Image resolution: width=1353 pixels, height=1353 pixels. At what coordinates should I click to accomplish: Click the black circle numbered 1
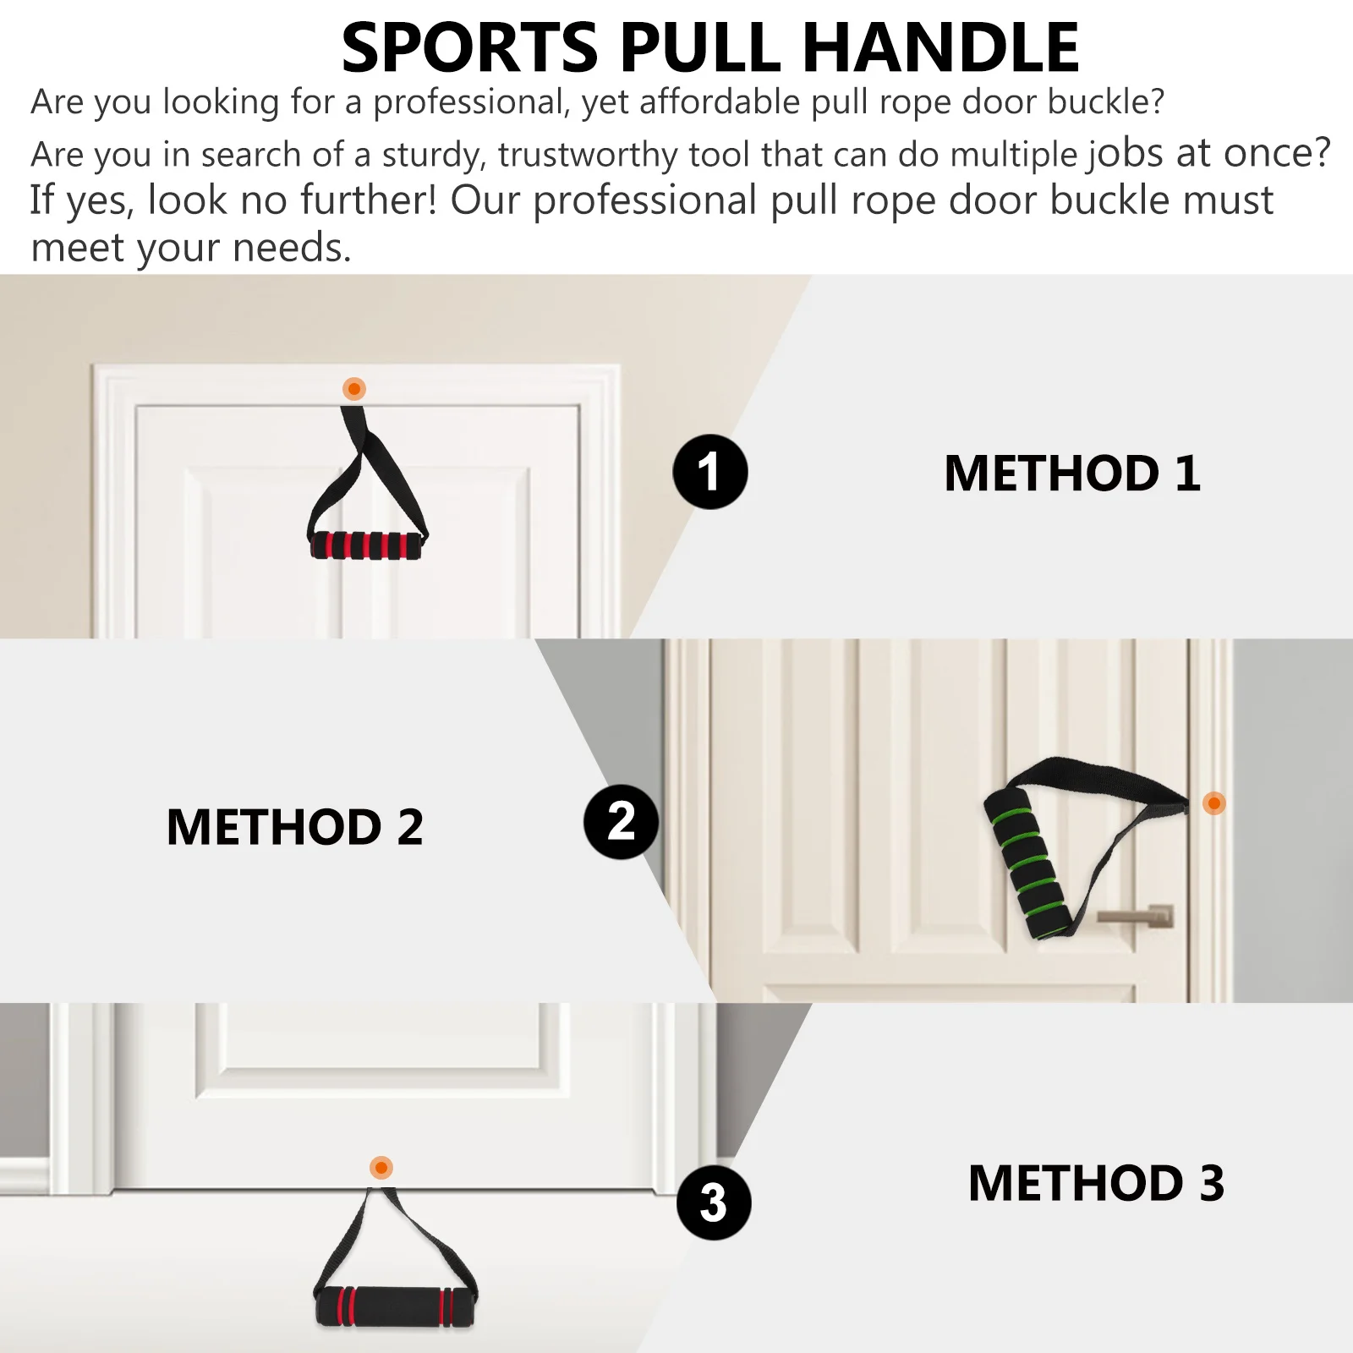pos(709,472)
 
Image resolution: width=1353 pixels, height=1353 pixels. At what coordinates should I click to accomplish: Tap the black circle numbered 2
pos(621,822)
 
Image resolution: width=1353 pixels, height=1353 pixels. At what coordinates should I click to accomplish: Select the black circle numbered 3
pos(714,1202)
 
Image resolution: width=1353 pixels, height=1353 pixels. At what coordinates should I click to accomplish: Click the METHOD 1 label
pos(1071,474)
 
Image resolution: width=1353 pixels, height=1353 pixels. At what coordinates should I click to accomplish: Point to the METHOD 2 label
pos(294,827)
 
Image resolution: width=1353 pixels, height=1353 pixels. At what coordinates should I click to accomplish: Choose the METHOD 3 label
pos(1096,1183)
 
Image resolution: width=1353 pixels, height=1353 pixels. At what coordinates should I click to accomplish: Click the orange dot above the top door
pos(354,389)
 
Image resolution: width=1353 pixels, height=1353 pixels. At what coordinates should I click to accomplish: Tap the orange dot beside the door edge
pos(1213,802)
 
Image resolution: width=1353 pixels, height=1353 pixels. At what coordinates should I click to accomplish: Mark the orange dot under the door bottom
pos(381,1168)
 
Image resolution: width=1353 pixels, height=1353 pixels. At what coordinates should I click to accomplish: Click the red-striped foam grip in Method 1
pos(365,545)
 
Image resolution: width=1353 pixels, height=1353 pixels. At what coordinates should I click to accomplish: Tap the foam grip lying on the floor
pos(396,1306)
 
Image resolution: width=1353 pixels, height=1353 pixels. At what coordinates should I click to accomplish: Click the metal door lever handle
pos(1138,916)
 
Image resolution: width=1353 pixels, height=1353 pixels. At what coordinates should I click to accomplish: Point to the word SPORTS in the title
pos(469,47)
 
